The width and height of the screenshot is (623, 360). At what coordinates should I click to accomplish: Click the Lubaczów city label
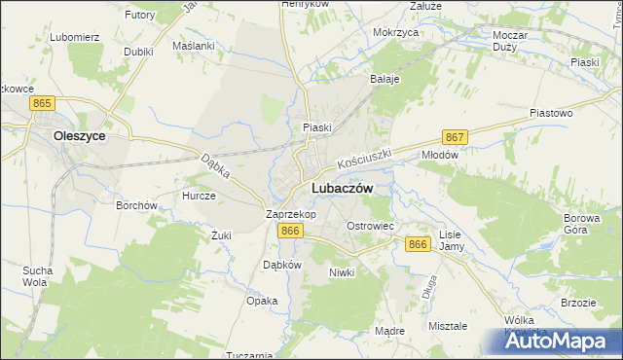(340, 189)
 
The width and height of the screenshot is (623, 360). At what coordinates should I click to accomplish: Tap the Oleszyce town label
(80, 137)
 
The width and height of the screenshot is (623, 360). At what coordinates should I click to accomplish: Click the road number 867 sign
(455, 137)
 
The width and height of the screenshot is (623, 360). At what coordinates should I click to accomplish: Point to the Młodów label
(438, 154)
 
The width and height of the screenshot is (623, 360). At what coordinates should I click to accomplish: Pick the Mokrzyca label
(395, 32)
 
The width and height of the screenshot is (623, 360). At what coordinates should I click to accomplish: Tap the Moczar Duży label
(510, 40)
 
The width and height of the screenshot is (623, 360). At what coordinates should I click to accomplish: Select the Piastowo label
(550, 113)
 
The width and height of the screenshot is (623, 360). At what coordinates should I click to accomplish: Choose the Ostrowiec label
(370, 226)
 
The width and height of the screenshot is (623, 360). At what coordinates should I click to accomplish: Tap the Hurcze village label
(199, 196)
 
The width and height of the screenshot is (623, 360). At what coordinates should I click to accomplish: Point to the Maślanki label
(193, 46)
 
